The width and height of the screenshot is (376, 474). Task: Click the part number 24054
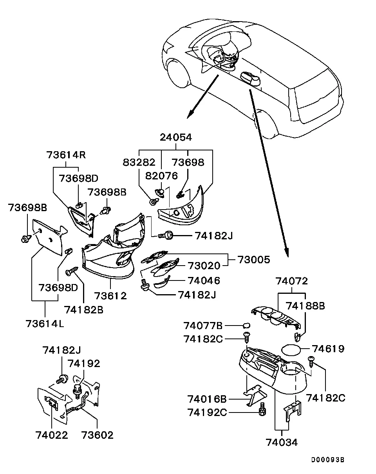[175, 137]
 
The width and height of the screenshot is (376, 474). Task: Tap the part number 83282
[139, 163]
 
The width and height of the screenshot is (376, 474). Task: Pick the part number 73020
[204, 266]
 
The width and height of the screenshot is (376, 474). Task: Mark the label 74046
[204, 280]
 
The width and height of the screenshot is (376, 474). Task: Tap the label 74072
[291, 281]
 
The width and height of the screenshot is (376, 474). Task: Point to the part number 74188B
[305, 306]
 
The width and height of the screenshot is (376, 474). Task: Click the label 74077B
[203, 326]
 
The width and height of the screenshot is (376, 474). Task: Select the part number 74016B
[207, 399]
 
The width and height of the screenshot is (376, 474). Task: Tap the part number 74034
[281, 442]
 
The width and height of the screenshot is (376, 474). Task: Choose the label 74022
[52, 435]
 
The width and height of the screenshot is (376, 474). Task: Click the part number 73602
[97, 435]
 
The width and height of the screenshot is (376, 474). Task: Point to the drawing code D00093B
[328, 460]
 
